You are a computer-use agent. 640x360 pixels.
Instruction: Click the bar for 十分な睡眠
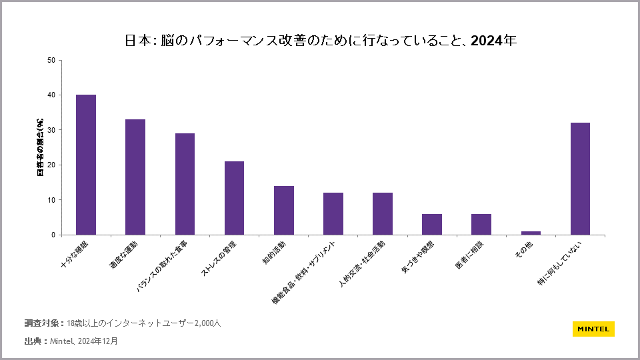click(x=86, y=165)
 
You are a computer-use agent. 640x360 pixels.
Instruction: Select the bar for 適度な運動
click(x=135, y=177)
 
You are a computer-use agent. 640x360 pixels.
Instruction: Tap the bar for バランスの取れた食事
click(x=185, y=184)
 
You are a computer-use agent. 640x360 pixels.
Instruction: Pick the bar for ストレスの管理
click(x=234, y=198)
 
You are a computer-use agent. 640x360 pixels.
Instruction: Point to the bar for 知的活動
click(x=284, y=210)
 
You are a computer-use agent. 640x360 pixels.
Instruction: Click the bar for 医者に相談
click(x=481, y=224)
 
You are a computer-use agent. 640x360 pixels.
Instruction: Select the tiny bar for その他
click(x=531, y=233)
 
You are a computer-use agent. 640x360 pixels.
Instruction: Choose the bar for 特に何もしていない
click(x=580, y=179)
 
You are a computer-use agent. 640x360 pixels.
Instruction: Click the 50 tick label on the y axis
click(x=51, y=60)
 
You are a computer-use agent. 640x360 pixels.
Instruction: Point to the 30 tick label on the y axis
click(x=51, y=130)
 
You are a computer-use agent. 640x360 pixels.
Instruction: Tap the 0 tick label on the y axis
click(x=53, y=235)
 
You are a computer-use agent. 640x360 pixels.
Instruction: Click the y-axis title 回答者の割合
click(x=41, y=147)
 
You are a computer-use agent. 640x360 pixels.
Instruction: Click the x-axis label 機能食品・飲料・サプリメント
click(x=307, y=272)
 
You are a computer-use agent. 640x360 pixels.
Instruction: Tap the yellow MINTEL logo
click(x=593, y=329)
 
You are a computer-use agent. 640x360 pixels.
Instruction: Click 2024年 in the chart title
click(x=494, y=40)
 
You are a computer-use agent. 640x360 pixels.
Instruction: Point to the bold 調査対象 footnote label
click(x=43, y=323)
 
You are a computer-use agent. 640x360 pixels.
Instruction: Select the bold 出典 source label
click(x=35, y=341)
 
